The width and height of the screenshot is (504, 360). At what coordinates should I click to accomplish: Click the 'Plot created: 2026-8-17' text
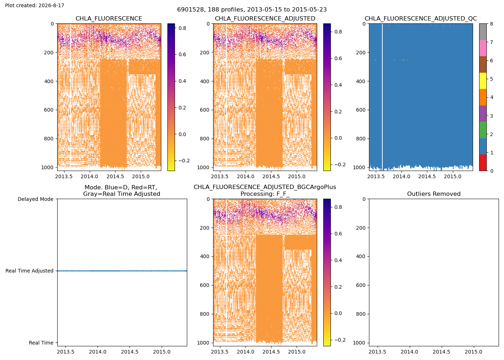click(x=35, y=5)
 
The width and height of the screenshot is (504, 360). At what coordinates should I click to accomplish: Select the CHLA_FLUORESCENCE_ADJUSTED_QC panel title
click(x=420, y=18)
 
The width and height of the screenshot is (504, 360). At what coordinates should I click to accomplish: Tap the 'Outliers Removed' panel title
click(x=433, y=194)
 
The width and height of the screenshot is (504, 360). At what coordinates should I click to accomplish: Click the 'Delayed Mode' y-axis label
click(x=36, y=199)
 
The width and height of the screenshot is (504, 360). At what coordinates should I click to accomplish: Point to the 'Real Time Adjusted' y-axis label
click(x=30, y=271)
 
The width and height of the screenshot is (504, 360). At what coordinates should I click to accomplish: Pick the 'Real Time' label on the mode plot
click(x=41, y=343)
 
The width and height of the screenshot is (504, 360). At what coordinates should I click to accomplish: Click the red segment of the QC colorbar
click(x=483, y=162)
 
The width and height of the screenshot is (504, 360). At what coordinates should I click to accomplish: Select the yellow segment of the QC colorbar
click(x=483, y=81)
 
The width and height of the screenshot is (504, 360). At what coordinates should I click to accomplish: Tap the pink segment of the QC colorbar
click(x=483, y=48)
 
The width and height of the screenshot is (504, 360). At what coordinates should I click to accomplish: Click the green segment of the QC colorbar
click(x=483, y=130)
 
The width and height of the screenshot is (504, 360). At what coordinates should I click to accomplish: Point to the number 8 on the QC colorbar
click(x=491, y=24)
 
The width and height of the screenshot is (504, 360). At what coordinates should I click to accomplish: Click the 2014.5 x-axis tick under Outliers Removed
click(x=441, y=352)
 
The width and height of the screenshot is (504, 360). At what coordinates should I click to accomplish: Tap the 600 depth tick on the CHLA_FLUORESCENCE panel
click(x=49, y=110)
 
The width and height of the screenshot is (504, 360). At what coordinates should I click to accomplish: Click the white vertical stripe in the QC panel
click(x=382, y=97)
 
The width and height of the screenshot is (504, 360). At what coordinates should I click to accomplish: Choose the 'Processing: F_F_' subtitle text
click(x=265, y=194)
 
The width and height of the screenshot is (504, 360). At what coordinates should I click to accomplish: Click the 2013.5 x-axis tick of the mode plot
click(x=66, y=352)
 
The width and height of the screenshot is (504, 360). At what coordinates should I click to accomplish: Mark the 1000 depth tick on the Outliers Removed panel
click(x=359, y=343)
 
